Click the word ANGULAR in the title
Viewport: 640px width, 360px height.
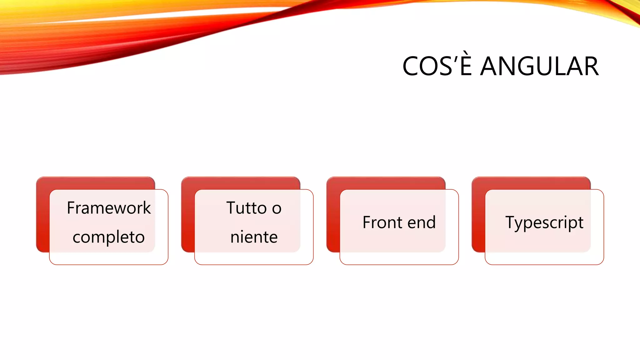[539, 66]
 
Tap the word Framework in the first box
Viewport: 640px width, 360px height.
[109, 208]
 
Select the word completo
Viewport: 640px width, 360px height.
[109, 237]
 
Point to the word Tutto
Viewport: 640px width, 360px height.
[246, 208]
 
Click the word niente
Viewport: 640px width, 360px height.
[254, 237]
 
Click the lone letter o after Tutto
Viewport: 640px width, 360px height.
[277, 209]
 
